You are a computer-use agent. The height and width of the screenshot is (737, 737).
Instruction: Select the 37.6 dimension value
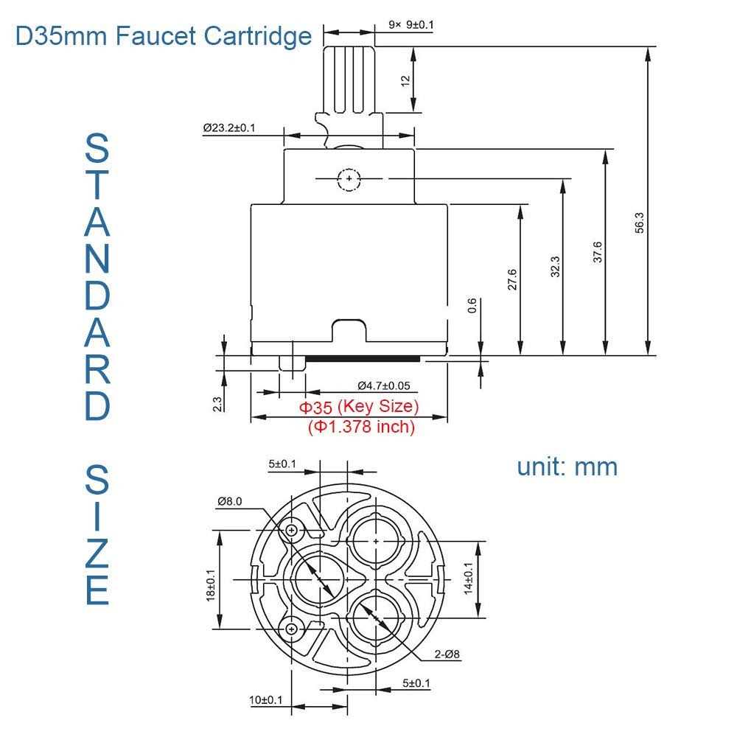(598, 252)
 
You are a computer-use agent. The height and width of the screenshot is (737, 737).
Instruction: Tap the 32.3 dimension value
(556, 267)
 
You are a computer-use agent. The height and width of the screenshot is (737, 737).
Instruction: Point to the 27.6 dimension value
(512, 281)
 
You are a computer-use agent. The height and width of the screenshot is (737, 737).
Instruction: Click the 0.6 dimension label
(472, 306)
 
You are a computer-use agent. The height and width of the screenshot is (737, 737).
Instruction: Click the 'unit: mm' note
(567, 466)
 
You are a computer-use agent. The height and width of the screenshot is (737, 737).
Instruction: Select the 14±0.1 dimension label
(468, 579)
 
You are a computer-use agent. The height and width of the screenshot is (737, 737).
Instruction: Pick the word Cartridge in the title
(255, 35)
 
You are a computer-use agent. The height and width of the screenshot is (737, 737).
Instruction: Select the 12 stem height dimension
(405, 80)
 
